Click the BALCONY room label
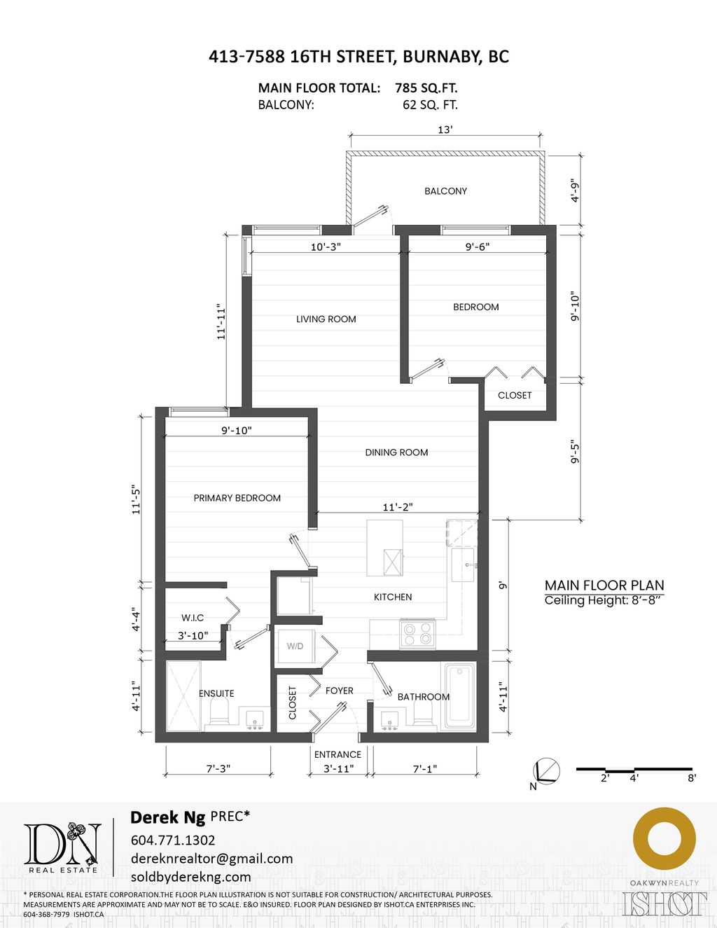[445, 191]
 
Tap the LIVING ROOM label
[326, 319]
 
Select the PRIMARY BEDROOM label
[237, 498]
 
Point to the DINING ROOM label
[396, 452]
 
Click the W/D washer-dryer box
[295, 646]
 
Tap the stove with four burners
[417, 634]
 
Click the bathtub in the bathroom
[460, 695]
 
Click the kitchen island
[384, 548]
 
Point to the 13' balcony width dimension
[445, 130]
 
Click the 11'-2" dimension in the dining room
[398, 507]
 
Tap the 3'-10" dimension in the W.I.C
[193, 636]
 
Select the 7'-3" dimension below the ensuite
[218, 768]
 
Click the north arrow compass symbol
[545, 771]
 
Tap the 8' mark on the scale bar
[691, 777]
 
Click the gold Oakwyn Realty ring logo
[664, 838]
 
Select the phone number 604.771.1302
[173, 840]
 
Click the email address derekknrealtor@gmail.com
[211, 859]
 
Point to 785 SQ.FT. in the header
[426, 88]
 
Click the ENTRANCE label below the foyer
[337, 754]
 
